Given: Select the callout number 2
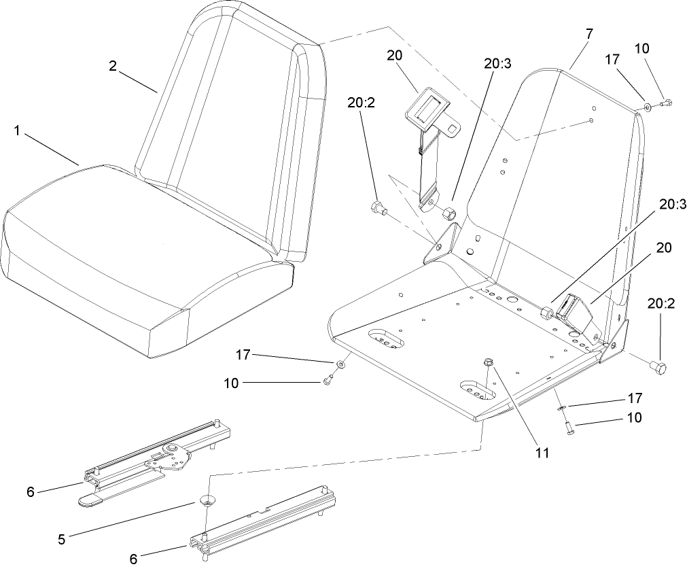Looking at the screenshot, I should [x=113, y=65].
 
